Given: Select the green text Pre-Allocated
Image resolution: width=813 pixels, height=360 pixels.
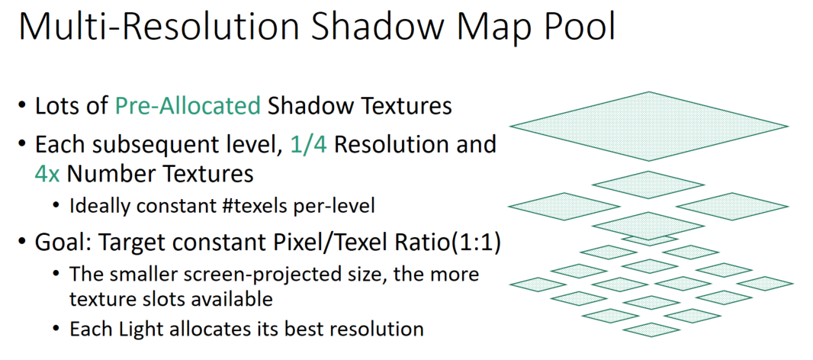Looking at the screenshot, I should tap(188, 105).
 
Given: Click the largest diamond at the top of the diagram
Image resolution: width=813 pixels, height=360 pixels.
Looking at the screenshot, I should tap(648, 126).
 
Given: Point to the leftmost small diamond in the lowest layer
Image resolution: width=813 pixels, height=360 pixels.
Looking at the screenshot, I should tap(535, 284).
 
